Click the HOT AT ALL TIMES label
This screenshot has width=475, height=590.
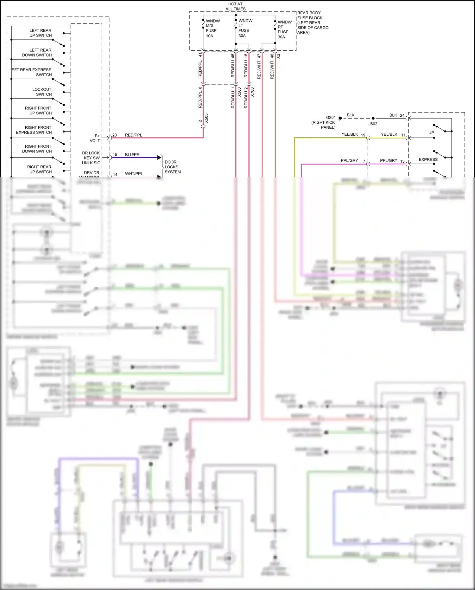235,6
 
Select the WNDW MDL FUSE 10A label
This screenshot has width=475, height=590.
211,28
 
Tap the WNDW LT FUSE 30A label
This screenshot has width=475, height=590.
245,28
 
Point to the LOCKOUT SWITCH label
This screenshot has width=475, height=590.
42,92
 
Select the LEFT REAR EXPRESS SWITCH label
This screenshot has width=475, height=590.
31,72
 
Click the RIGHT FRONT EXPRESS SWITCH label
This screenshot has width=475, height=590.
34,130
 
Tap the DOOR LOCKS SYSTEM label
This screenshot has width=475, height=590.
173,167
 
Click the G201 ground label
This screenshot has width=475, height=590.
331,117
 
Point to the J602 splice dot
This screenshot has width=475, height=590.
373,118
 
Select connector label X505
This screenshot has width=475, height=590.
206,118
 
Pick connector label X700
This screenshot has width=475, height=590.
252,92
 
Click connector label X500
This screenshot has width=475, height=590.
239,92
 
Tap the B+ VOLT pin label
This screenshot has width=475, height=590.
95,138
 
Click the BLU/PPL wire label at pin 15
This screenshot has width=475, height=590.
133,155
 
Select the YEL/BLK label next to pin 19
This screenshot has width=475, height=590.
350,134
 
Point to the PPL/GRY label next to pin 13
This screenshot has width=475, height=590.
388,160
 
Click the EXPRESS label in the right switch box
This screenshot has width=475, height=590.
428,159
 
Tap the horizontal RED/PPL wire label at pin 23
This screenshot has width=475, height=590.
133,135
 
